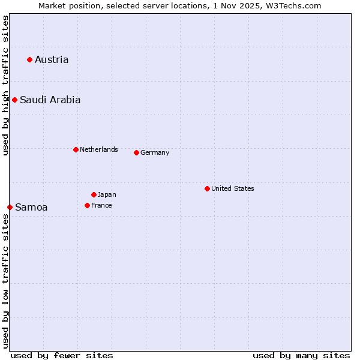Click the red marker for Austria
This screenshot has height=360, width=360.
coord(29,59)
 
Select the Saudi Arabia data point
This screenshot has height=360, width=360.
coord(14,100)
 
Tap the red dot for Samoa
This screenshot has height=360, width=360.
coord(10,207)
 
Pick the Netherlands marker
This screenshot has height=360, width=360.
coord(76,149)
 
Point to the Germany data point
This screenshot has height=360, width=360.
coord(136,152)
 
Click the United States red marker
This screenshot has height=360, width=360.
coord(207,188)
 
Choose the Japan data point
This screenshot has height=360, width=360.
coord(94,194)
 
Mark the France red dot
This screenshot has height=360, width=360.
coord(87,205)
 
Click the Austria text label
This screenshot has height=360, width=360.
coord(52,59)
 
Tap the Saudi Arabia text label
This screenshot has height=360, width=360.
coord(50,100)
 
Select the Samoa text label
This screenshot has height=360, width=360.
coord(31,207)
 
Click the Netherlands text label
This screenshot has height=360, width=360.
coord(99,149)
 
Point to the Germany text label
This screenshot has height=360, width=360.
coord(155,152)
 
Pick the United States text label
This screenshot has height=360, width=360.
coord(233,188)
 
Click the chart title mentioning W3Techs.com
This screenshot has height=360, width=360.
coord(180,5)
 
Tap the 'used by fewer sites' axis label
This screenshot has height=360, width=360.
coord(62,355)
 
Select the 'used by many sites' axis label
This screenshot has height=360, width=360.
coord(301,355)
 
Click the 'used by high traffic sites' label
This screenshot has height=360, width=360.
coord(5,85)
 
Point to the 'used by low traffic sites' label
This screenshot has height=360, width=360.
coord(5,281)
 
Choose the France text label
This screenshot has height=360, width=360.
coord(101,205)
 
